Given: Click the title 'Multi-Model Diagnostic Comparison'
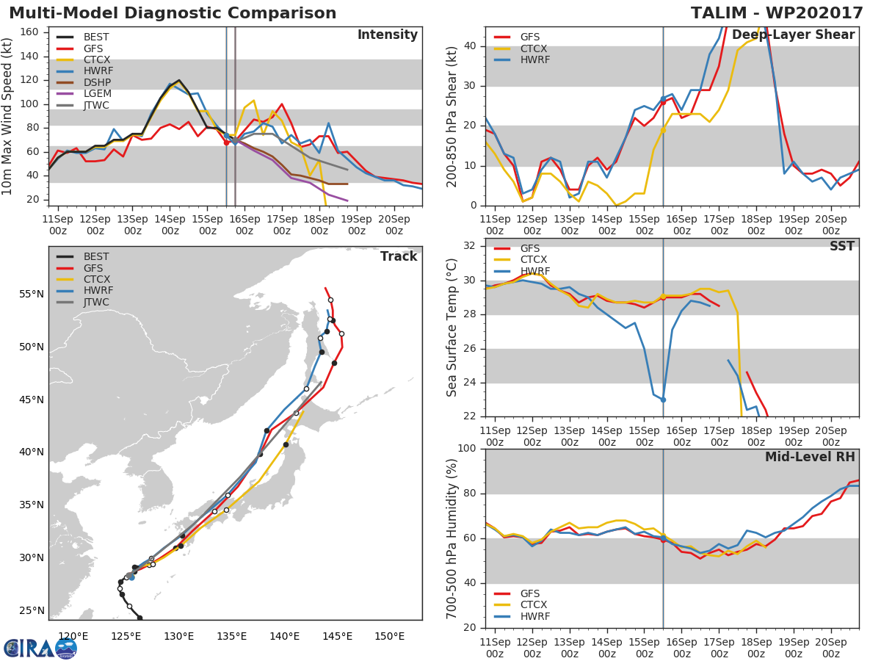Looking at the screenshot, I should (173, 14).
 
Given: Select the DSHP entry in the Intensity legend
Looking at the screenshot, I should (97, 83).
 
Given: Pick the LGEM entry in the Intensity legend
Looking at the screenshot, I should (97, 94).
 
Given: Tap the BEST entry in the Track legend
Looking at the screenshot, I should (96, 257).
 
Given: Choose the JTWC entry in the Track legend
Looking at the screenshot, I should (96, 303).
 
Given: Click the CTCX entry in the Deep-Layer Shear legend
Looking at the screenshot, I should (534, 48).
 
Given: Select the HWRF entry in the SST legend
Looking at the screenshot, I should (534, 272).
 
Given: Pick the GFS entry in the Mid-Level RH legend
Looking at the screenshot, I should (529, 593).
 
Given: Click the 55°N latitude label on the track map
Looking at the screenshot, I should (32, 295).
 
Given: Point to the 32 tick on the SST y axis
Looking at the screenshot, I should (471, 246).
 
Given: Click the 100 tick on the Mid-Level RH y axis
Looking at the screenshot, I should (467, 449).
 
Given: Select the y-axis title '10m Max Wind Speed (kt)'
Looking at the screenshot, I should (8, 116).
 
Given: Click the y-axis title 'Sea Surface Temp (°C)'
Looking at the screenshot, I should (452, 328).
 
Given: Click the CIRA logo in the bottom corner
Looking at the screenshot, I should (40, 648).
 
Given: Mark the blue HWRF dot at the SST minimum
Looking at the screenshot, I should (663, 400).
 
